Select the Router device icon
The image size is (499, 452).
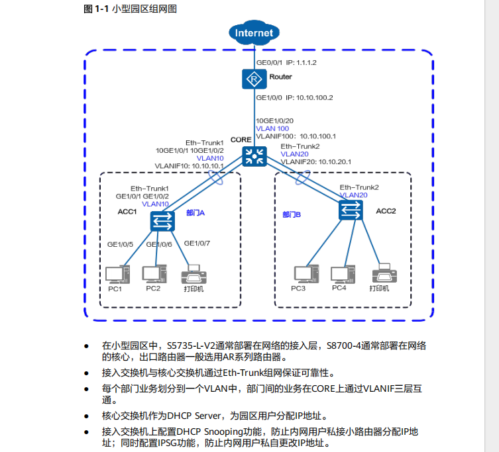point(253,79)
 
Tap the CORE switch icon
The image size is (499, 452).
point(253,156)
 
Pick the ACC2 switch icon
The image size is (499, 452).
point(351,210)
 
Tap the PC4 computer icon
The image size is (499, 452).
point(340,274)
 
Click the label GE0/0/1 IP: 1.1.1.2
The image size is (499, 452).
point(286,63)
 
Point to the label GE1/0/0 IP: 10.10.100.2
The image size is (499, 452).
point(294,97)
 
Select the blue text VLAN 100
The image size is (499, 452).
point(272,128)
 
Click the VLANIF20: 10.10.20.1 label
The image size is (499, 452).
point(315,161)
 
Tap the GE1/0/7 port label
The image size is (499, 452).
point(197,244)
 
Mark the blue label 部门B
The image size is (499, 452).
point(292,214)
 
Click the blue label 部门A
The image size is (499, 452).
point(196,212)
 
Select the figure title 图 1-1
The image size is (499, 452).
point(96,9)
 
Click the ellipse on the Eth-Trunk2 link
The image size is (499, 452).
point(302,178)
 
